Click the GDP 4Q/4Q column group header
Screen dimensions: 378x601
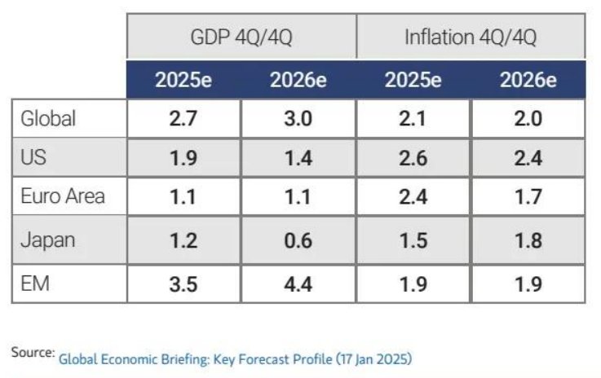click(241, 37)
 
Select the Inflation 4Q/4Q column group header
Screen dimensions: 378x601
click(470, 37)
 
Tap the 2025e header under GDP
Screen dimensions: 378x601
click(183, 81)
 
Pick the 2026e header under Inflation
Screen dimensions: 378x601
click(528, 81)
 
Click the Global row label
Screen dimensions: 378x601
click(48, 119)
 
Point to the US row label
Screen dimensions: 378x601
click(33, 158)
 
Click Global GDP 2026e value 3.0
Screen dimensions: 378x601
click(298, 119)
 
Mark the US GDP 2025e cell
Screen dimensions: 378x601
click(183, 158)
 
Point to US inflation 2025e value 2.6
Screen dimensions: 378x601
click(413, 158)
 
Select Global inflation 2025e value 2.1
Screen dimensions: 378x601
click(413, 119)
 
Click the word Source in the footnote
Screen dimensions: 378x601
click(31, 352)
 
